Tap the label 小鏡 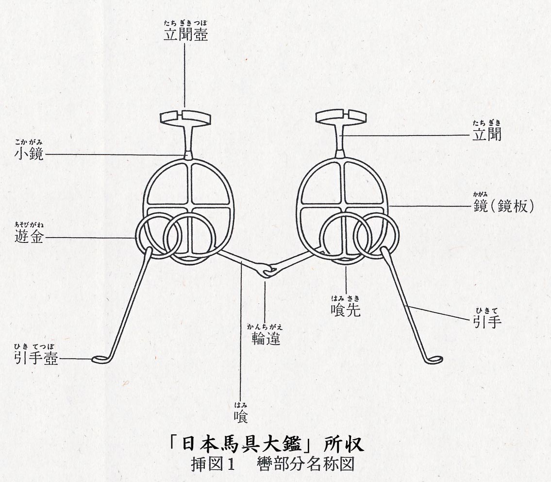[29, 155]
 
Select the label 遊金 [30, 238]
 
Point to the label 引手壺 [36, 359]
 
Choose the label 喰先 [346, 310]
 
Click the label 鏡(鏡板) [503, 206]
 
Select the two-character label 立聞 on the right [487, 134]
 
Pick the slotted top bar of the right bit [341, 116]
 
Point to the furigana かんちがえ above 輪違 [266, 327]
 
